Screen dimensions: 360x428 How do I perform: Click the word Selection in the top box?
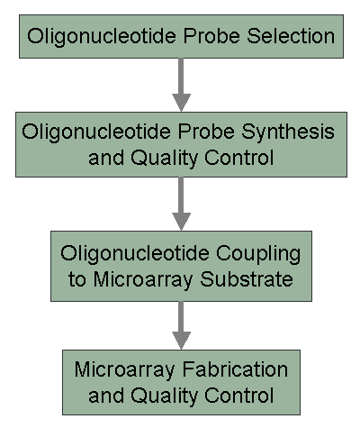click(x=291, y=36)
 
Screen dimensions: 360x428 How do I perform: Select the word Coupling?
click(x=258, y=255)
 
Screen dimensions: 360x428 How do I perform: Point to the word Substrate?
click(x=247, y=279)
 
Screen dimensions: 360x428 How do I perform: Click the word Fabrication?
click(x=235, y=369)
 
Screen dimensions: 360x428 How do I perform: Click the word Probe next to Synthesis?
click(x=206, y=132)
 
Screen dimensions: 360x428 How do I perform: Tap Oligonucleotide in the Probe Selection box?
click(x=102, y=37)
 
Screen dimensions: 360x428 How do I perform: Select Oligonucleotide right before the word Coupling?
click(x=135, y=254)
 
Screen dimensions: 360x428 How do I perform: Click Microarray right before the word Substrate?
click(x=142, y=280)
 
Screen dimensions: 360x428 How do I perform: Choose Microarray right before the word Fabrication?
click(x=124, y=370)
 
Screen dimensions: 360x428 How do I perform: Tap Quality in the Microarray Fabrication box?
click(x=164, y=396)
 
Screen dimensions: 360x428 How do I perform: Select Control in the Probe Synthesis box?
click(x=239, y=157)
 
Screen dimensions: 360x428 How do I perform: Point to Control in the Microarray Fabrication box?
click(x=239, y=395)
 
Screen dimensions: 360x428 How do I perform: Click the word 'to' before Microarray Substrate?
click(x=77, y=280)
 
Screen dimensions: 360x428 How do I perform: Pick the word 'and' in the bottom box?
click(x=106, y=395)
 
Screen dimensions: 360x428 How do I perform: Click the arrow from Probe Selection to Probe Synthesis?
click(x=181, y=85)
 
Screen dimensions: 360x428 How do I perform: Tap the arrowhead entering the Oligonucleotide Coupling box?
click(x=181, y=222)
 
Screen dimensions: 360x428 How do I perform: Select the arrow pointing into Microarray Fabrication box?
click(x=181, y=325)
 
